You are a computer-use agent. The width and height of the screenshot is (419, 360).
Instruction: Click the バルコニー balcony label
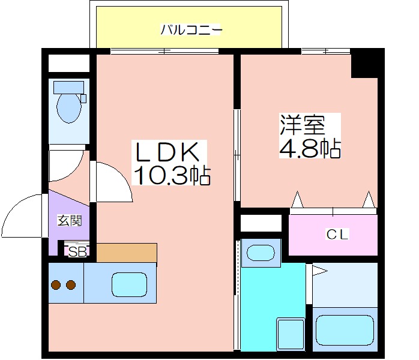click(191, 29)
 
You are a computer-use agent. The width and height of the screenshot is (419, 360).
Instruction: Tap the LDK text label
click(168, 152)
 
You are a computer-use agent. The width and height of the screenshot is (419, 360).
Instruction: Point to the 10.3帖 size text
click(172, 176)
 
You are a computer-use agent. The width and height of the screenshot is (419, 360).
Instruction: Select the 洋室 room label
click(302, 125)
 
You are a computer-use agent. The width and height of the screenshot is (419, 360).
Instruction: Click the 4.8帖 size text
click(310, 148)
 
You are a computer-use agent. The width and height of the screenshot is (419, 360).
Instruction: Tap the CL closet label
click(337, 235)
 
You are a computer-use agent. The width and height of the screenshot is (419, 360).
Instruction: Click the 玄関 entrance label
click(70, 221)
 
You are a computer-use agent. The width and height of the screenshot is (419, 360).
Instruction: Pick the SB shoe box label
click(77, 252)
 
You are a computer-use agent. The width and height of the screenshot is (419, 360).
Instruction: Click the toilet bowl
click(69, 107)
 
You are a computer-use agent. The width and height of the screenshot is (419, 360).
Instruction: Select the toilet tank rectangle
click(68, 87)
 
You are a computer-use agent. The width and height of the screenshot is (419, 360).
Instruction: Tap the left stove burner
click(56, 285)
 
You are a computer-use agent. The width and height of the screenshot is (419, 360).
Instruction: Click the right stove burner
click(71, 285)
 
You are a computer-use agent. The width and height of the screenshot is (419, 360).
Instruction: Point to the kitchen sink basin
click(129, 284)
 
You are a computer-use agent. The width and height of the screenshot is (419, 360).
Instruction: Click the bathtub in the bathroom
click(345, 330)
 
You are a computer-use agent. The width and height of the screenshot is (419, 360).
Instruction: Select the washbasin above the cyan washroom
click(261, 253)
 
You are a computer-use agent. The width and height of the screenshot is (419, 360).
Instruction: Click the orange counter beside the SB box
click(127, 253)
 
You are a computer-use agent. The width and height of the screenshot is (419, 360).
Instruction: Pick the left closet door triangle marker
click(297, 199)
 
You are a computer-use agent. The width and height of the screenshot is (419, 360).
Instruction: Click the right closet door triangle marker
click(369, 199)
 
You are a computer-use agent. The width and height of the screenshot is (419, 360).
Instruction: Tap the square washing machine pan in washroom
click(291, 334)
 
